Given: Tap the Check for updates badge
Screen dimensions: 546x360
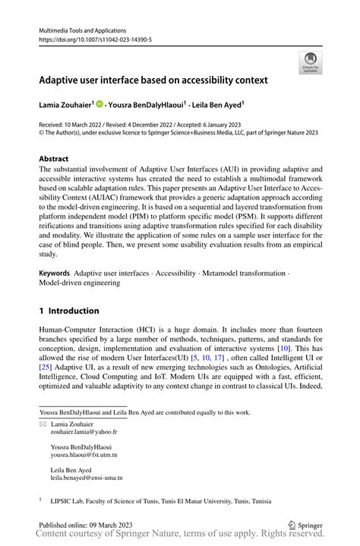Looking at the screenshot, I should [x=309, y=63].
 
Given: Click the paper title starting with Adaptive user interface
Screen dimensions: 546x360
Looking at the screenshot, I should [x=153, y=79].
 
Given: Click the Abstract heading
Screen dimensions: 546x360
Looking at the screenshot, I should [x=54, y=159].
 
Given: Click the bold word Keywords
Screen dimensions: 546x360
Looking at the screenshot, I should [x=55, y=272].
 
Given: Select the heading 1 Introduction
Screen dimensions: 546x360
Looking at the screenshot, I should [x=69, y=311].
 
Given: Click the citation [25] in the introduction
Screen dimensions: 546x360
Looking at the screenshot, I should [x=46, y=368].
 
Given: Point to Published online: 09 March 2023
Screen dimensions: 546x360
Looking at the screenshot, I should [x=90, y=524].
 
